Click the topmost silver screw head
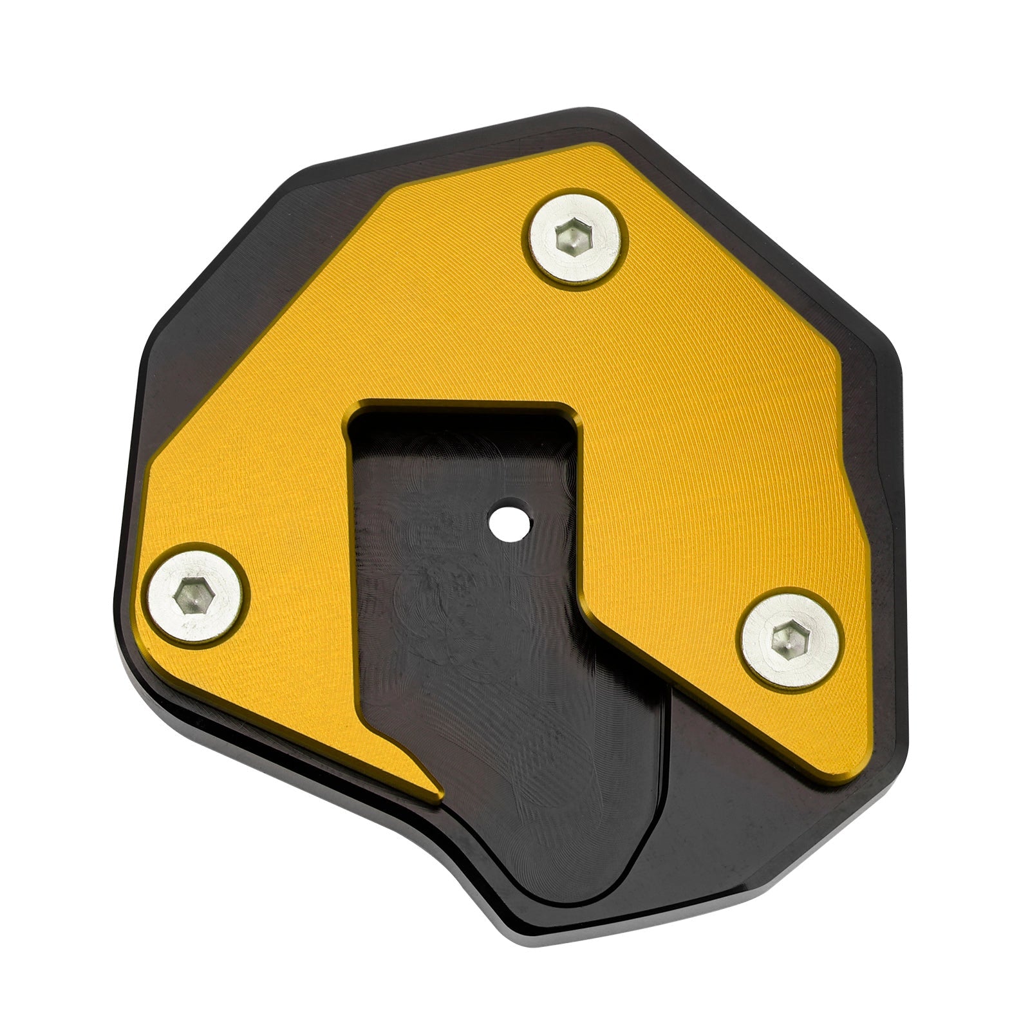pos(577,239)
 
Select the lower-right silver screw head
pos(791,639)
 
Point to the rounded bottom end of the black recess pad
pos(579,898)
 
